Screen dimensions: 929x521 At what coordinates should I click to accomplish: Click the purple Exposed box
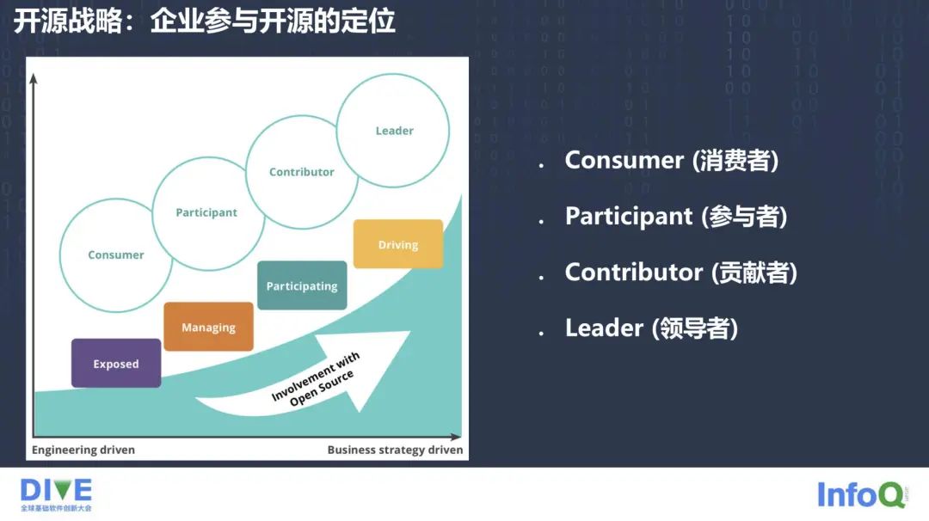click(x=116, y=363)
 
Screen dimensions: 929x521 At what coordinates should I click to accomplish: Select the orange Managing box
click(x=208, y=327)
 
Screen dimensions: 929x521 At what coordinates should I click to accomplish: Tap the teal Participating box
click(x=302, y=285)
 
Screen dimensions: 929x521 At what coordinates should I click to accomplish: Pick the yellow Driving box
click(x=397, y=244)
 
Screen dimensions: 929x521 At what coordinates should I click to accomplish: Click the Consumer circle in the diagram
click(x=116, y=254)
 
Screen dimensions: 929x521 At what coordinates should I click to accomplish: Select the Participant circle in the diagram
click(x=206, y=212)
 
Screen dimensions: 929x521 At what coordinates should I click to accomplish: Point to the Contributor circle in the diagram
click(x=301, y=172)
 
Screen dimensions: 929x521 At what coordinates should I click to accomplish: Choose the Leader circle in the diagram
click(x=393, y=131)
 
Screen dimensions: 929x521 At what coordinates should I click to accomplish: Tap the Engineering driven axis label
click(x=83, y=450)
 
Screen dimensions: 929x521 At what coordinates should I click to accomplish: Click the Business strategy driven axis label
click(x=395, y=450)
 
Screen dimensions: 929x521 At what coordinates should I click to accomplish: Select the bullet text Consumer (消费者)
click(x=671, y=160)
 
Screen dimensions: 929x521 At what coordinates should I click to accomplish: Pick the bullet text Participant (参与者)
click(x=675, y=216)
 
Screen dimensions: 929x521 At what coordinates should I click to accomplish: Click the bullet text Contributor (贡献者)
click(x=680, y=273)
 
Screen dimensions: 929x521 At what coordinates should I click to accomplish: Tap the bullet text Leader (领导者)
click(x=651, y=328)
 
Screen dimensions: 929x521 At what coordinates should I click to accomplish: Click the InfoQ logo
click(x=861, y=494)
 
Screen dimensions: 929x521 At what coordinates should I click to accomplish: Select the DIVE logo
click(x=56, y=494)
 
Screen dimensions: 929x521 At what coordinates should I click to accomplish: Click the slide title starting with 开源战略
click(x=204, y=21)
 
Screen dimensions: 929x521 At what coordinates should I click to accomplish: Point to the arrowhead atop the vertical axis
click(x=34, y=79)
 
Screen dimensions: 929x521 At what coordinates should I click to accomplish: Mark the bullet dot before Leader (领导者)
click(x=541, y=333)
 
